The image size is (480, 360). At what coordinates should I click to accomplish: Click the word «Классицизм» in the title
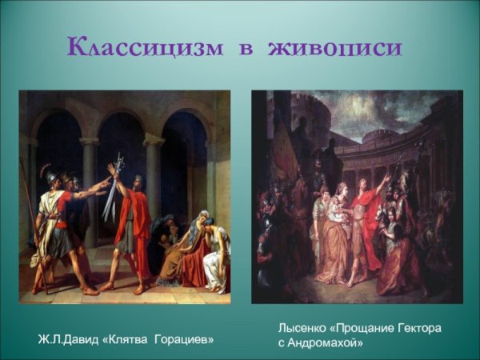point(145,48)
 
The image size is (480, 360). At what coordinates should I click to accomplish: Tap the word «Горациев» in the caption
point(185,340)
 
